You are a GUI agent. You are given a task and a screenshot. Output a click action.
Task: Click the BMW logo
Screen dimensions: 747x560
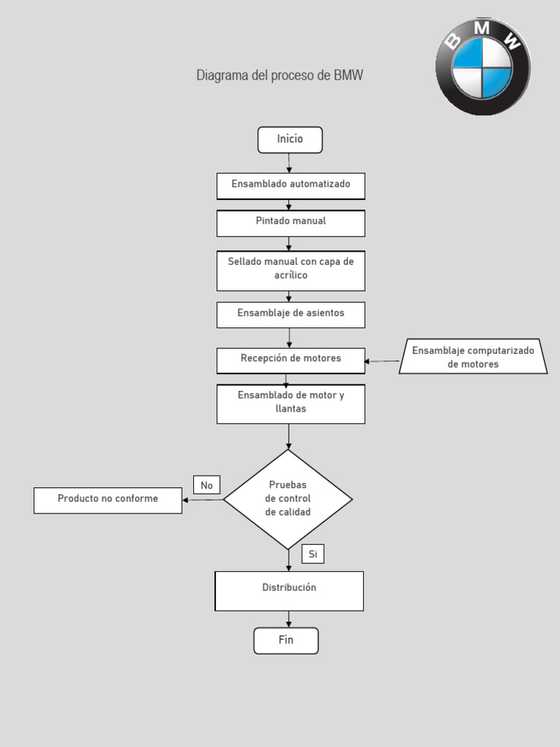click(x=483, y=66)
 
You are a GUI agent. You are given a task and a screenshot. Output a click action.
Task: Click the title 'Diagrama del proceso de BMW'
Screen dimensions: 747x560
click(x=279, y=76)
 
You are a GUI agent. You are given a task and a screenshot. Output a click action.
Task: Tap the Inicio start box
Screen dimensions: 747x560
click(x=289, y=139)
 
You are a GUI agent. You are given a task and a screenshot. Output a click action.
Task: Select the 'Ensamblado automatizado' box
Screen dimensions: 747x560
click(x=290, y=185)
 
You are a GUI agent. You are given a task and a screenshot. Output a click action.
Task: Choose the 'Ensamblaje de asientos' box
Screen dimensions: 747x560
click(x=290, y=314)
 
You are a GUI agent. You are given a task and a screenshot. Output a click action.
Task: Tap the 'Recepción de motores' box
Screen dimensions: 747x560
click(x=290, y=360)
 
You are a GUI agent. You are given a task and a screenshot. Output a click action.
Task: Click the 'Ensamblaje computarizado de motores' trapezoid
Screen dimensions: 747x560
click(x=473, y=357)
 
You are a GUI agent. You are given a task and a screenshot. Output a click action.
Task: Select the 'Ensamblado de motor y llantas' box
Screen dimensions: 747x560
click(x=290, y=403)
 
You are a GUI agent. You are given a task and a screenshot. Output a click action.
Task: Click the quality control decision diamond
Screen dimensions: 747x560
click(x=289, y=499)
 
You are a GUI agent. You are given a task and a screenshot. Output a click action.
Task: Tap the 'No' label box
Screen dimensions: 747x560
click(x=206, y=485)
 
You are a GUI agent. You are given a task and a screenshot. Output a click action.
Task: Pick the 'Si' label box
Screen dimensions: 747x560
click(x=313, y=554)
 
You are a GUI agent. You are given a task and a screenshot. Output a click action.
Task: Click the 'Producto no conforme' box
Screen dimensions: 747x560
click(x=108, y=500)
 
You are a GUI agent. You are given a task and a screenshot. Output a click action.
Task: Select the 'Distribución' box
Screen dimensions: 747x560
click(x=289, y=590)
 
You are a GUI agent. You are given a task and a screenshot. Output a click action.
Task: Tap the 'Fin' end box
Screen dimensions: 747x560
click(x=286, y=640)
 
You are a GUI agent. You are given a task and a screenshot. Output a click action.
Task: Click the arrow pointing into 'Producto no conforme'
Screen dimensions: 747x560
click(x=202, y=500)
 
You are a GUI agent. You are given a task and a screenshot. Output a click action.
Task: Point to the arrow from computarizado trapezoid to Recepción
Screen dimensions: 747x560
click(x=382, y=360)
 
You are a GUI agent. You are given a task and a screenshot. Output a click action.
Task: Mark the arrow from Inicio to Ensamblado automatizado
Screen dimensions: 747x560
click(x=289, y=163)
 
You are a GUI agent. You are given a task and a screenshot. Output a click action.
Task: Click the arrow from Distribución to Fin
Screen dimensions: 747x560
click(x=289, y=619)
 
